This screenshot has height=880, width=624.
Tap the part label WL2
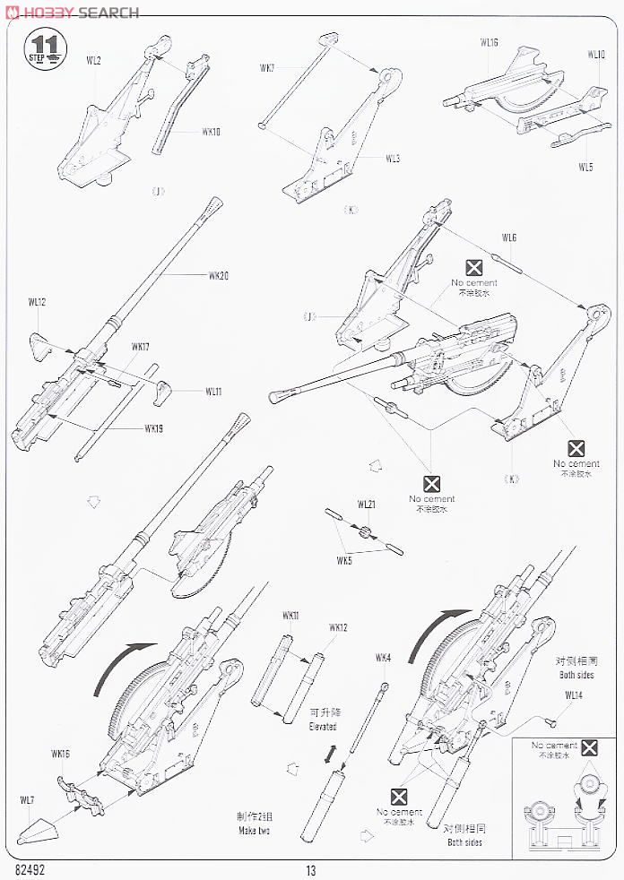coord(94,60)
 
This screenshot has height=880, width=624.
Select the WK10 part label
coord(211,132)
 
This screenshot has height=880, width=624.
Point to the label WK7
coord(267,67)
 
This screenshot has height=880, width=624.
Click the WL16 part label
coord(489,42)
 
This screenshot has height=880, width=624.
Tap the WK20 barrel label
coord(218,275)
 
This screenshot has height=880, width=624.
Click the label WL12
coord(37,303)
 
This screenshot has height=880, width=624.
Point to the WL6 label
coord(509,237)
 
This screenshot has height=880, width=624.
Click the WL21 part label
coord(366,505)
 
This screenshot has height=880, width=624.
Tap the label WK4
coord(384,659)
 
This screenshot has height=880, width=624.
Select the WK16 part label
coord(61,755)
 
